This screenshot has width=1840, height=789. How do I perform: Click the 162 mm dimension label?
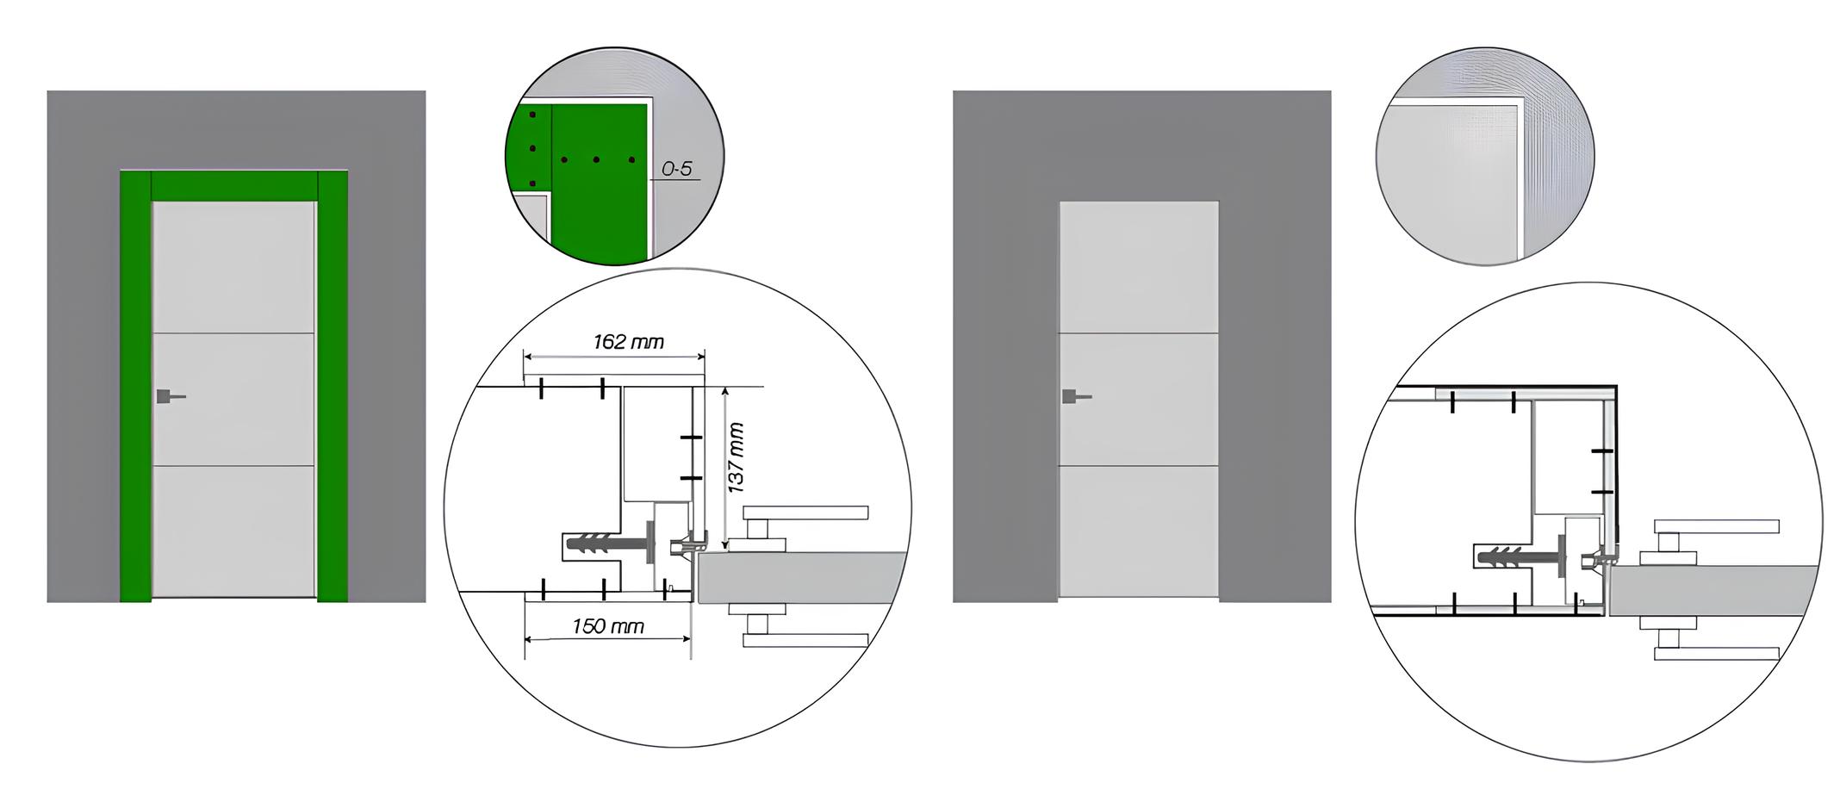pyautogui.click(x=628, y=342)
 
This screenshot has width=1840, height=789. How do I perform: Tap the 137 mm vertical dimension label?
pyautogui.click(x=737, y=457)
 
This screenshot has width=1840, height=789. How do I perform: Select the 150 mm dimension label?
pyautogui.click(x=608, y=626)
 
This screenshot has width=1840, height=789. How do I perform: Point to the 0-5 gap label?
pyautogui.click(x=677, y=169)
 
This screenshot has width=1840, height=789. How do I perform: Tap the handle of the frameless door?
pyautogui.click(x=1077, y=396)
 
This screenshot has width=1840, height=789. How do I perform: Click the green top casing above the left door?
pyautogui.click(x=234, y=186)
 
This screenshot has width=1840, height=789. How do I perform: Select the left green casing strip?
pyautogui.click(x=135, y=386)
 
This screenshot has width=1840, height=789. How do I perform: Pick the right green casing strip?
pyautogui.click(x=333, y=386)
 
